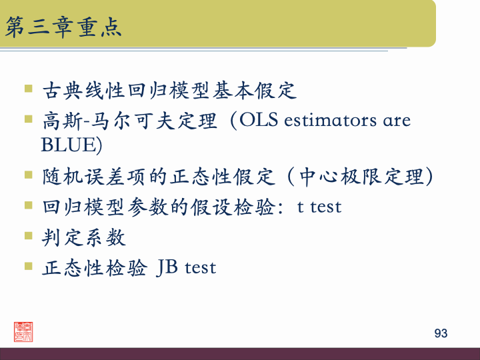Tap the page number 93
coord(441,333)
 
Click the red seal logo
coord(23,331)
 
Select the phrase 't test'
coord(319,207)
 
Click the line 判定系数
coord(83,237)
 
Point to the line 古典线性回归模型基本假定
coord(169,90)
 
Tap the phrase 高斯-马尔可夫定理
coord(129,121)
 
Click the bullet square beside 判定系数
coord(28,235)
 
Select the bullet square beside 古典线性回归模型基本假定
coord(28,87)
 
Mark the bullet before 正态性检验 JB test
coord(28,265)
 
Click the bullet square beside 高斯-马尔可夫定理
coord(28,118)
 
